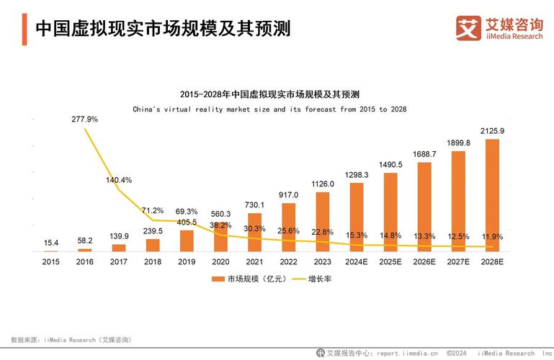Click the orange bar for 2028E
[x=492, y=194]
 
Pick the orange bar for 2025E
[x=390, y=212]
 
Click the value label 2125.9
[x=492, y=131]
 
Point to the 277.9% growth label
[x=84, y=119]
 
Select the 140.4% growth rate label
[x=119, y=180]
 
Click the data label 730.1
[x=254, y=205]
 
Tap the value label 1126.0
[x=323, y=184]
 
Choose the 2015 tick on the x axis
[x=50, y=261]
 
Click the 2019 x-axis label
[x=187, y=261]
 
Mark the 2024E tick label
[x=357, y=261]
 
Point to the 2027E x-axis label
[x=458, y=261]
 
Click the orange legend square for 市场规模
[x=215, y=279]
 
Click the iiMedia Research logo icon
[x=468, y=28]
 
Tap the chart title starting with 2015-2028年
[x=269, y=94]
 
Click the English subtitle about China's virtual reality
[x=269, y=109]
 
